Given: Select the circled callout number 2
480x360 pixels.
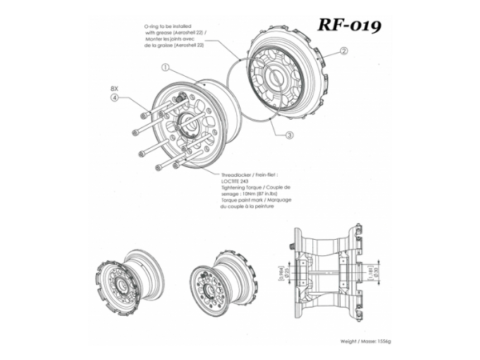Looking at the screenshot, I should (x=343, y=51).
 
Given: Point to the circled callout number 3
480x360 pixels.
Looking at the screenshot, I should (x=290, y=134).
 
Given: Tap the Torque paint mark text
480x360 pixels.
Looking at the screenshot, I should (x=240, y=202).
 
